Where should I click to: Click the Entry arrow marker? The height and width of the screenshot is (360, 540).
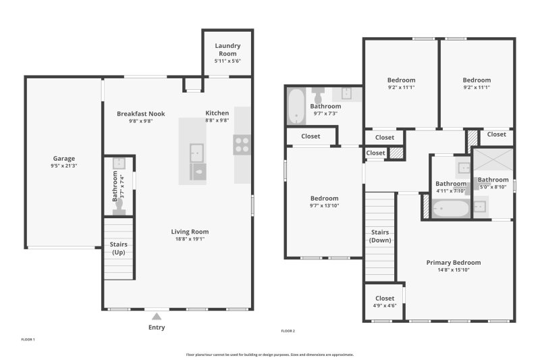coord(157,316)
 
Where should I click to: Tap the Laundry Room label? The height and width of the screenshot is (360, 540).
coord(227,49)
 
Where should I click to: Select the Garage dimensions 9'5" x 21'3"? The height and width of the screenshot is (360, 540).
coord(64,165)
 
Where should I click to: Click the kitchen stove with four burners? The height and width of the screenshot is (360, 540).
coord(242,145)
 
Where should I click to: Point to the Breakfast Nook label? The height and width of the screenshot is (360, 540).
coord(140,113)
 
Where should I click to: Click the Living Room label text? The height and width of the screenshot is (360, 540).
coord(190,232)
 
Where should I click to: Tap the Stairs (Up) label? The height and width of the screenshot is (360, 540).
coord(118,248)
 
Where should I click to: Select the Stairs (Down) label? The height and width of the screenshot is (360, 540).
coord(380,236)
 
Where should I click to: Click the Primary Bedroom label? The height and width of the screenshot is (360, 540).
coord(453,263)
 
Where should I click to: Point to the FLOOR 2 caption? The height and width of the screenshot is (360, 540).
coord(288,331)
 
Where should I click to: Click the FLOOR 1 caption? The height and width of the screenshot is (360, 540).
coord(28,339)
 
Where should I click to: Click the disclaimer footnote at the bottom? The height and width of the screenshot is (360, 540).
coord(269,354)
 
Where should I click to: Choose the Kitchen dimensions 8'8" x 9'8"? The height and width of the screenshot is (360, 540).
coord(217,120)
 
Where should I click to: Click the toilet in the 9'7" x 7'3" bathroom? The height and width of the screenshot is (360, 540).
coord(319,92)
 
